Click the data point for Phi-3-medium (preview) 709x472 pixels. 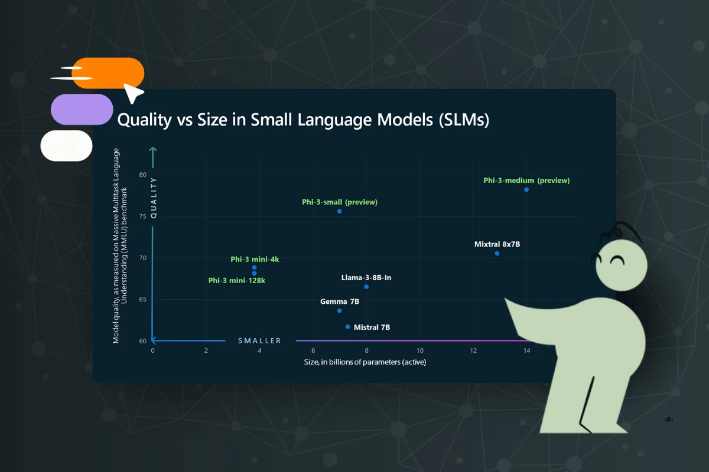pos(526,189)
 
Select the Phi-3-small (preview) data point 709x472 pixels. pos(339,211)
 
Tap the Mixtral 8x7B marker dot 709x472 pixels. pos(497,253)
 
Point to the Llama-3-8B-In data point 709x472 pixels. pos(366,287)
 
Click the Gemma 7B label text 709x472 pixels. pos(340,301)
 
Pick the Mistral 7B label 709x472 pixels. pos(372,327)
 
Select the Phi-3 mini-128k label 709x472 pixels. pos(236,280)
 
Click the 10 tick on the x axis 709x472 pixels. pos(419,350)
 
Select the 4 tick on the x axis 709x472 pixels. pos(259,350)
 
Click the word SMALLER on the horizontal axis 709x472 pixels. pos(259,340)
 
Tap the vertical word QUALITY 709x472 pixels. pos(154,198)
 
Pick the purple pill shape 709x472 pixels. pos(82,109)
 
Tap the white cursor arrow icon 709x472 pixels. pos(134,92)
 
